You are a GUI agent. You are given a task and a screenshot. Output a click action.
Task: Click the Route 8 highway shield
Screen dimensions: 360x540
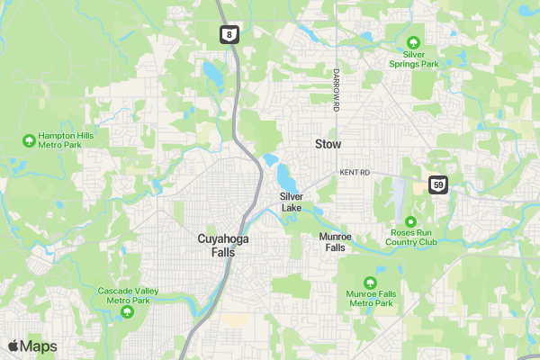(x=229, y=34)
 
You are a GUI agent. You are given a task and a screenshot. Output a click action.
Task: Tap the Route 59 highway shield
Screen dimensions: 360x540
(x=437, y=184)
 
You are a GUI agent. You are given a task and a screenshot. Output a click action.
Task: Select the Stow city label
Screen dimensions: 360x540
(x=328, y=144)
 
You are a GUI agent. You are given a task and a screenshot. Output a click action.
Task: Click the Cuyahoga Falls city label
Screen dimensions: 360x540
(x=216, y=246)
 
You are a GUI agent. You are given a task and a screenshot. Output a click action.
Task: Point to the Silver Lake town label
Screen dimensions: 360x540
(x=292, y=202)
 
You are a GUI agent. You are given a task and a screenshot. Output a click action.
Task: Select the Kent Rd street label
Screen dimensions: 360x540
(x=355, y=172)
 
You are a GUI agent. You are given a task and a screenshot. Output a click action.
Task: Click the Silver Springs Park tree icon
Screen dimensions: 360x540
(x=413, y=42)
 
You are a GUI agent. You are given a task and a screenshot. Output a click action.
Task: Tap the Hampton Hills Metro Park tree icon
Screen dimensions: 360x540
(x=28, y=140)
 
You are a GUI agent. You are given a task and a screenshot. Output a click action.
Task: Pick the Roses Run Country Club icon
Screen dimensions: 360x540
(x=410, y=221)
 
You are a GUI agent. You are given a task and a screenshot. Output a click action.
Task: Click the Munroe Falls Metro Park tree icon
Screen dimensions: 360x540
(x=371, y=283)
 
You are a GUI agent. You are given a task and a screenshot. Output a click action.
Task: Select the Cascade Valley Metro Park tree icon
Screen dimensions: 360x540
(x=127, y=312)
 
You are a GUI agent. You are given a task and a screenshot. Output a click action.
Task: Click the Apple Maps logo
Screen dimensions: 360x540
(x=32, y=346)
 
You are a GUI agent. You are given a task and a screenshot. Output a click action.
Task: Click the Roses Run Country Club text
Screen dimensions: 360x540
(x=410, y=238)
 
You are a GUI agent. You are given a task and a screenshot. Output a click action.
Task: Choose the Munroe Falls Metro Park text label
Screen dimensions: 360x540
(x=371, y=299)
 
